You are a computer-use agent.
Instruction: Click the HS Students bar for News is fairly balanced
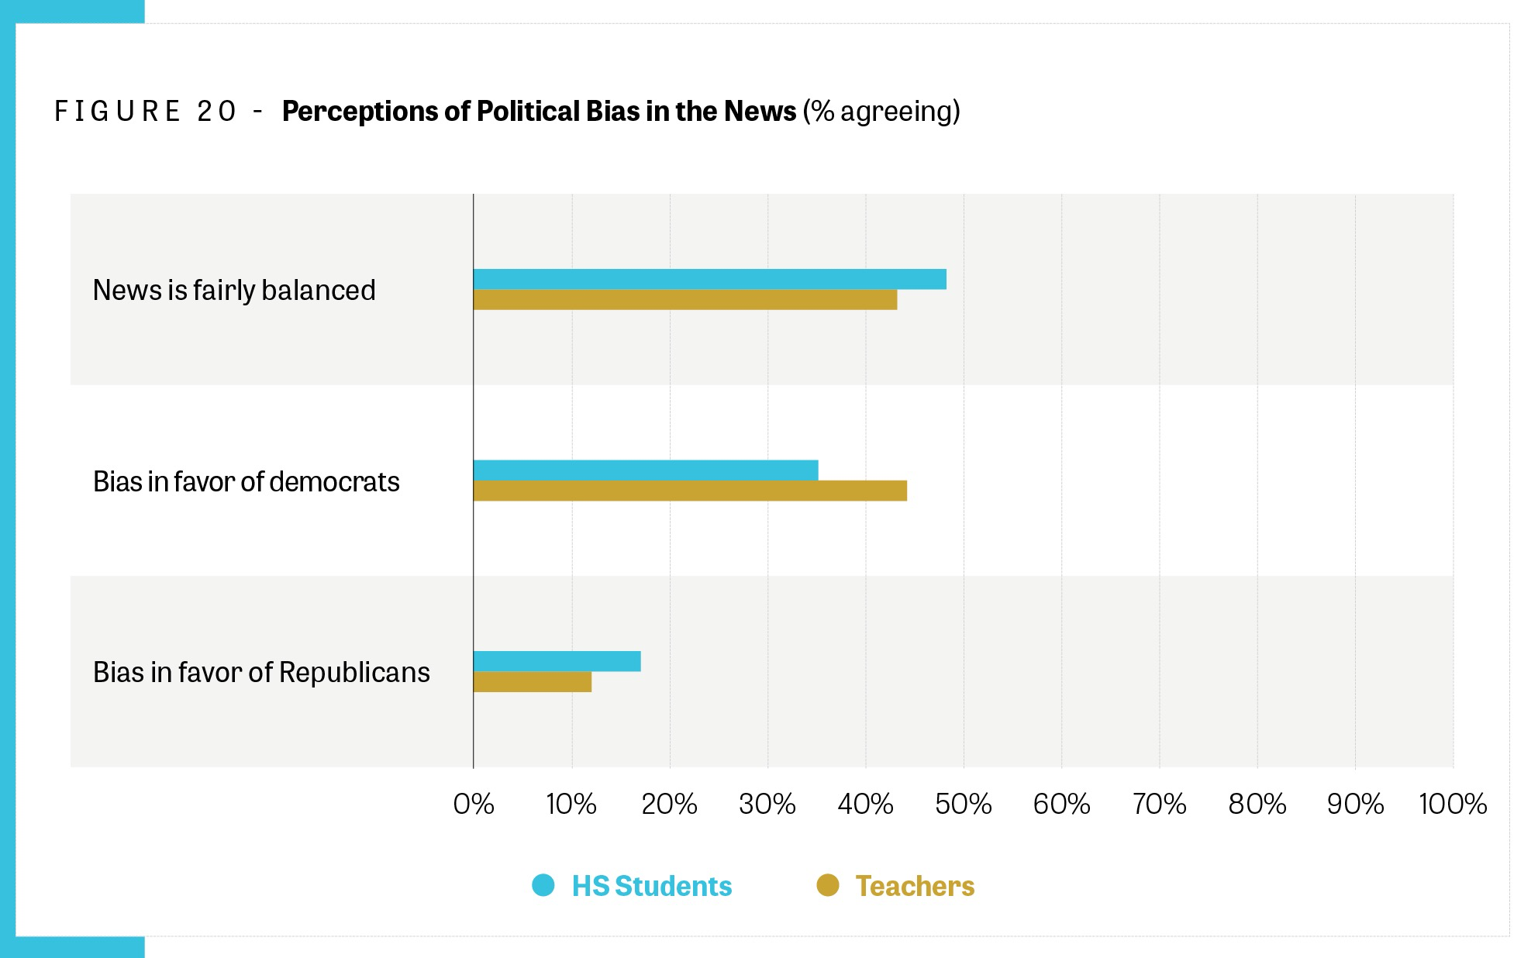tap(709, 279)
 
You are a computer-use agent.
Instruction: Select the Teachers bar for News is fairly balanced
tap(685, 300)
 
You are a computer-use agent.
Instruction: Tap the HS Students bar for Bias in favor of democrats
tap(646, 470)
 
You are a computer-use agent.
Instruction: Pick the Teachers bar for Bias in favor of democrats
tap(690, 491)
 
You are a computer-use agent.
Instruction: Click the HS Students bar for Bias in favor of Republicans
tap(557, 661)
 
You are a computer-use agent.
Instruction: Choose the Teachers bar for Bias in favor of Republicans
tap(533, 682)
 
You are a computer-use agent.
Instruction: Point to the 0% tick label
tap(474, 805)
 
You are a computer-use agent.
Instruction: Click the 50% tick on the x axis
tap(964, 805)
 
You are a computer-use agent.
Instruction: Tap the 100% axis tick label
tap(1453, 805)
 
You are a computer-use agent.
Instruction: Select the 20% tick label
tap(670, 805)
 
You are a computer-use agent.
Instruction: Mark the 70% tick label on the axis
tap(1160, 805)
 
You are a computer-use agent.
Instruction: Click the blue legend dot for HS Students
tap(543, 885)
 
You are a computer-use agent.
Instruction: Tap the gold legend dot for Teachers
tap(828, 885)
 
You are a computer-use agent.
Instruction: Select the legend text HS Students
tap(652, 886)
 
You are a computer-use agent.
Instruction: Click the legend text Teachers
tap(915, 886)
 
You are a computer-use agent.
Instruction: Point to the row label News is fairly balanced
tap(234, 290)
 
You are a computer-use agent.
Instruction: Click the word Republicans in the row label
tap(354, 672)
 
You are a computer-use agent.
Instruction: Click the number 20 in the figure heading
tap(216, 112)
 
